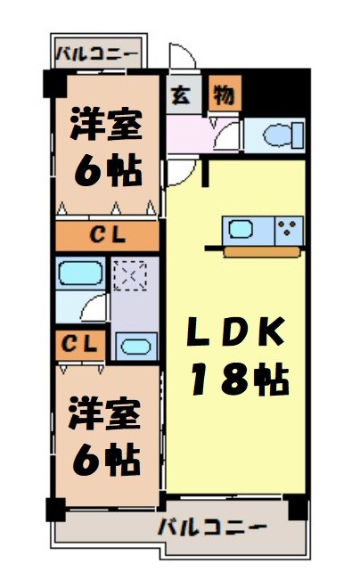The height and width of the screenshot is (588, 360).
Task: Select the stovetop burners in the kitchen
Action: click(x=290, y=228)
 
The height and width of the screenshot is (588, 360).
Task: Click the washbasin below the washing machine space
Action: click(x=135, y=346)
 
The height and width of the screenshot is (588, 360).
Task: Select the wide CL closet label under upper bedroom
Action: click(x=108, y=237)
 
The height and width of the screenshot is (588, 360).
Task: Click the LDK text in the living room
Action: click(x=236, y=334)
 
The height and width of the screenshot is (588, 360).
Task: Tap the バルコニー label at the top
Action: click(x=97, y=54)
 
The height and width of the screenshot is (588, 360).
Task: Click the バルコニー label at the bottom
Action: click(x=213, y=527)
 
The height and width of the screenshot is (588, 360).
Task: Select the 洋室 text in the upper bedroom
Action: click(x=106, y=126)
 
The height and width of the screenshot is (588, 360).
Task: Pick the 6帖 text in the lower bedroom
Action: click(x=106, y=460)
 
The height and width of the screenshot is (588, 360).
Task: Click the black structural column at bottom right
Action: click(x=299, y=511)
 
